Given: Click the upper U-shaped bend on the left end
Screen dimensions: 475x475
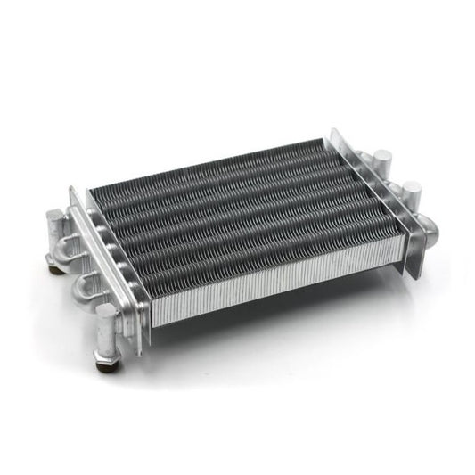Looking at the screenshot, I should point(69,249).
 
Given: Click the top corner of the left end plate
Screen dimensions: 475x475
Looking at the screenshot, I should point(72,190).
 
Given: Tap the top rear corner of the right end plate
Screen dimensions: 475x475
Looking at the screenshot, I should point(333,131).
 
